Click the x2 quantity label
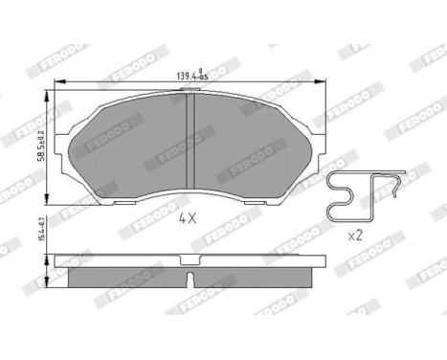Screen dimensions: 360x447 [355, 235]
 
